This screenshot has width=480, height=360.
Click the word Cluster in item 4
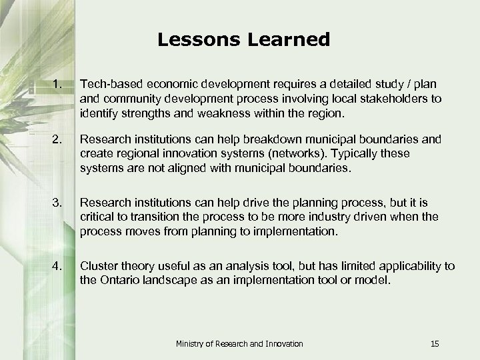[x=99, y=266]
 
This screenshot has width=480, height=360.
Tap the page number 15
[x=435, y=343]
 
